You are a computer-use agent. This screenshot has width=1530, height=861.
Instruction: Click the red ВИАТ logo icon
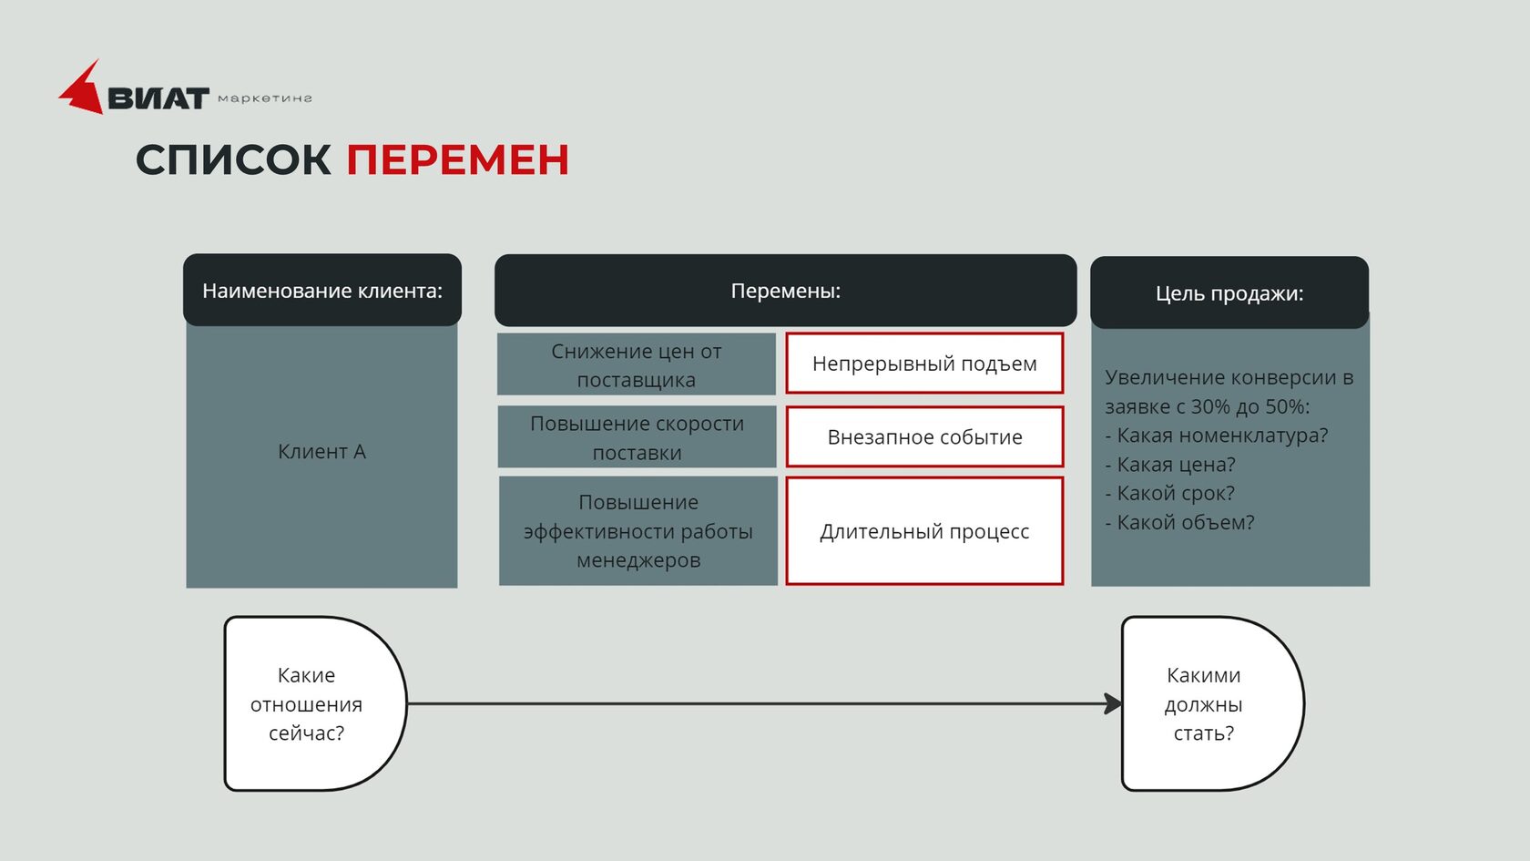[83, 90]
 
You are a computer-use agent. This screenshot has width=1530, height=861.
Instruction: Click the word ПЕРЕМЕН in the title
[457, 160]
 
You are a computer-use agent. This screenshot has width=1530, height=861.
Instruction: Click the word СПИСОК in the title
[233, 160]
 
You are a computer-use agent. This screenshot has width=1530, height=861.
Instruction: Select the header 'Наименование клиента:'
[322, 291]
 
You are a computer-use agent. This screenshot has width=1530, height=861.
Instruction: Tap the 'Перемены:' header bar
[785, 291]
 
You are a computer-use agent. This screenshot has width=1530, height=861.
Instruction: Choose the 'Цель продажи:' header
[1229, 293]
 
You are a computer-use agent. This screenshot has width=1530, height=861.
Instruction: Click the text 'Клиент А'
[321, 452]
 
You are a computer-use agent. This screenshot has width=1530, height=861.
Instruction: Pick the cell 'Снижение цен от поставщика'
[636, 365]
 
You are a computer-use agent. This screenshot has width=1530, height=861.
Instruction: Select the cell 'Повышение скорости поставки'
[637, 437]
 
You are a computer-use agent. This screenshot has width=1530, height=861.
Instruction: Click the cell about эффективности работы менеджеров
[637, 531]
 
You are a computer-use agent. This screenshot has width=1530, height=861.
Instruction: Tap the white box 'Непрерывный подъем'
[924, 364]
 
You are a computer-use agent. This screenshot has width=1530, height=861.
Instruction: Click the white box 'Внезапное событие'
[924, 437]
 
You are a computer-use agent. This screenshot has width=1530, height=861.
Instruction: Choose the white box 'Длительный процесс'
[924, 531]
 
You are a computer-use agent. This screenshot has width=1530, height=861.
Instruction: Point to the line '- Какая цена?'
[1170, 465]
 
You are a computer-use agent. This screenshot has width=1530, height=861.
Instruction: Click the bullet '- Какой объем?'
[1179, 523]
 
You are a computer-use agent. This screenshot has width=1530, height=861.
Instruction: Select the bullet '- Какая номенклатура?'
[1217, 436]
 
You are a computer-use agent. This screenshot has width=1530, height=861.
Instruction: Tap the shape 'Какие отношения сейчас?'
[307, 703]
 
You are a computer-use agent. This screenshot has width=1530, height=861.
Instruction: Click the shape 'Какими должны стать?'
[1204, 703]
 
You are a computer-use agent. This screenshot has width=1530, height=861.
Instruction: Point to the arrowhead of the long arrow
[1113, 703]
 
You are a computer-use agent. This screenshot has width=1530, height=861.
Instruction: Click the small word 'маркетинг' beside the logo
[265, 98]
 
